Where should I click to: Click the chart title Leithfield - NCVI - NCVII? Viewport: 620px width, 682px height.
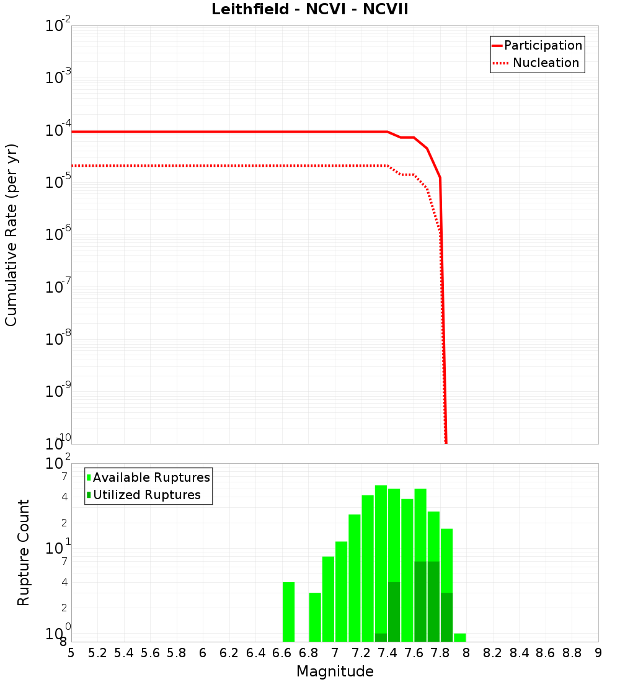pyautogui.click(x=309, y=10)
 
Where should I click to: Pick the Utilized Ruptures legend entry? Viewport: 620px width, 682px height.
pyautogui.click(x=146, y=495)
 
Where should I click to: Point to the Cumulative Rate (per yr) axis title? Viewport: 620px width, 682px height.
pyautogui.click(x=11, y=234)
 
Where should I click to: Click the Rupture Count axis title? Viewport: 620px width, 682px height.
pyautogui.click(x=24, y=552)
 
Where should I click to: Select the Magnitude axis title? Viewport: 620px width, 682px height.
pyautogui.click(x=335, y=671)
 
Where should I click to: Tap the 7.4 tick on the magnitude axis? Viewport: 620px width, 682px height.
pyautogui.click(x=387, y=653)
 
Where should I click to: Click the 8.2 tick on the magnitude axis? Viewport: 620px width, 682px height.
pyautogui.click(x=493, y=653)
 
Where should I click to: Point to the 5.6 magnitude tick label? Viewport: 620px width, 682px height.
pyautogui.click(x=150, y=653)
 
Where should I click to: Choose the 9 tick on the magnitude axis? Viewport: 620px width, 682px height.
pyautogui.click(x=598, y=653)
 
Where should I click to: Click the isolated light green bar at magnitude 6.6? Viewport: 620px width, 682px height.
pyautogui.click(x=288, y=612)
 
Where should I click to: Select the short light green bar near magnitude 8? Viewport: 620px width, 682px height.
pyautogui.click(x=459, y=637)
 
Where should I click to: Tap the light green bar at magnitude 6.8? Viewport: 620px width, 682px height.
pyautogui.click(x=315, y=617)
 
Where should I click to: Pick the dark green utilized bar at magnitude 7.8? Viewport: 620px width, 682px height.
pyautogui.click(x=446, y=617)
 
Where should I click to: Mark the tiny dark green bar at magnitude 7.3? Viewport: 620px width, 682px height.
pyautogui.click(x=381, y=637)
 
